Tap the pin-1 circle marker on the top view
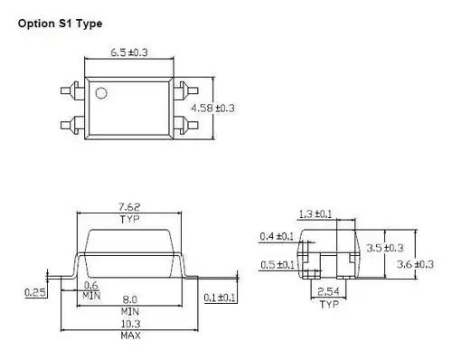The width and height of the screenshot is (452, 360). [x=102, y=91]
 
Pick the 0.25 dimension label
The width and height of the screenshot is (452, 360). [x=34, y=291]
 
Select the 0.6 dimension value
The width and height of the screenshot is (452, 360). [x=89, y=287]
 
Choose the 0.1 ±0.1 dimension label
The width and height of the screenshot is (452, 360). [x=220, y=298]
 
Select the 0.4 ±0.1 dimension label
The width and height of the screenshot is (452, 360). [x=277, y=237]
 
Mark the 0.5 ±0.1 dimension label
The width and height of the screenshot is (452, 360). [x=277, y=264]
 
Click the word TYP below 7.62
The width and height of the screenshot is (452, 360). [x=127, y=219]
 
